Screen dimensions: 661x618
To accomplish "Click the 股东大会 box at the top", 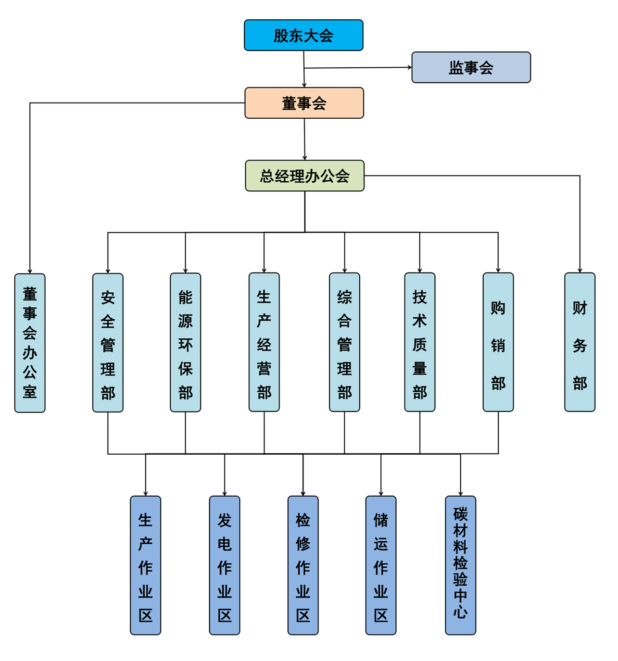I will (x=303, y=35).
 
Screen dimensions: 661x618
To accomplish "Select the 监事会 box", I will (x=471, y=67).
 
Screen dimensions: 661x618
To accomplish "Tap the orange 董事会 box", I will (x=304, y=103).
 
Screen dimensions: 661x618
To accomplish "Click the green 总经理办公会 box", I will (x=304, y=175).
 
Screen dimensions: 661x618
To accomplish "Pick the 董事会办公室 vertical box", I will (x=30, y=343).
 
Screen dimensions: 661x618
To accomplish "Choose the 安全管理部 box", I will (x=108, y=343).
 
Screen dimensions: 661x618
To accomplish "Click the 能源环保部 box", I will (x=185, y=342).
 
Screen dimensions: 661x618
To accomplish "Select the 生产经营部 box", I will (x=264, y=342).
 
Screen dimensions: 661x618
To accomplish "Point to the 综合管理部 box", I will (x=344, y=342).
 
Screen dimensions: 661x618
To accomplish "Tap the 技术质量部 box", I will (x=420, y=342).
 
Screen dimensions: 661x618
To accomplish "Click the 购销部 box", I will (x=498, y=342).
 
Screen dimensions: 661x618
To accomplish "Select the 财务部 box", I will (x=580, y=342).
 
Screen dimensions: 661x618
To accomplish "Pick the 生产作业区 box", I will (x=145, y=565).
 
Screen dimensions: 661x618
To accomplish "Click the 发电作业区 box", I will (x=225, y=565).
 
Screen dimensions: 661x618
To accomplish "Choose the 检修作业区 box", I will (x=303, y=565).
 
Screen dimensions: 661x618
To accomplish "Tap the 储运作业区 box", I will (x=381, y=565).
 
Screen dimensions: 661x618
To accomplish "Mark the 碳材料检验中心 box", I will (x=460, y=565).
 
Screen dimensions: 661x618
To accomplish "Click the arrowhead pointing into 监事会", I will (x=410, y=67).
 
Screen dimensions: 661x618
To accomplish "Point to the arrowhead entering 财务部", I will (x=580, y=270).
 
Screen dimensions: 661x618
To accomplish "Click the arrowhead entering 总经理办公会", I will (x=304, y=158).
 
